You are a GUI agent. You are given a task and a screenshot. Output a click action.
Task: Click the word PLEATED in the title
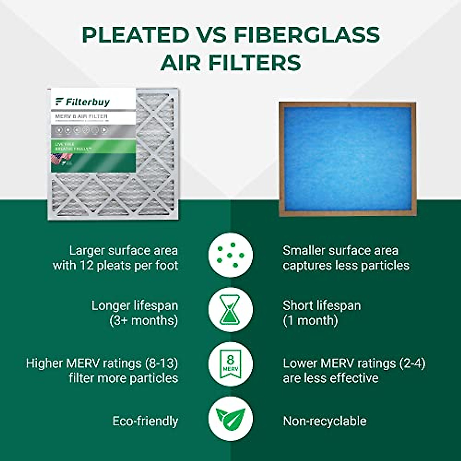[x=135, y=35]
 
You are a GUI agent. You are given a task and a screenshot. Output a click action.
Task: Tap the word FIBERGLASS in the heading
[x=307, y=35]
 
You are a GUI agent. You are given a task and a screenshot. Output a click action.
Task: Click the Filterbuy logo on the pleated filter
[x=83, y=102]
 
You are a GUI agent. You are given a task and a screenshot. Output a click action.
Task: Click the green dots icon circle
[x=230, y=255]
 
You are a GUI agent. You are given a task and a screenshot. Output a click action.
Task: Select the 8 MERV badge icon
[x=230, y=364]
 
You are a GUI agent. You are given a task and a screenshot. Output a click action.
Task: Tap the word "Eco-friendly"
[x=145, y=421]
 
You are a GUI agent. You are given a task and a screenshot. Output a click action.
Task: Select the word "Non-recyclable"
[x=325, y=421]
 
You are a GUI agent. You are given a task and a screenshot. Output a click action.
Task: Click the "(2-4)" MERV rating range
[x=412, y=363]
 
